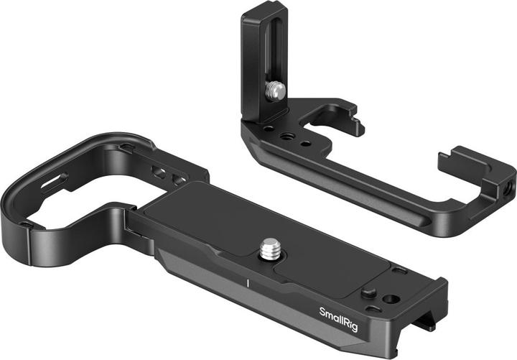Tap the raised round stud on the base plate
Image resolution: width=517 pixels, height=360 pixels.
pos(369,293)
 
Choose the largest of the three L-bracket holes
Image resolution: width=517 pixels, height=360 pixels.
pos(286,136)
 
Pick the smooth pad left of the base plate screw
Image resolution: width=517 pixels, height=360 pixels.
pos(201,216)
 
